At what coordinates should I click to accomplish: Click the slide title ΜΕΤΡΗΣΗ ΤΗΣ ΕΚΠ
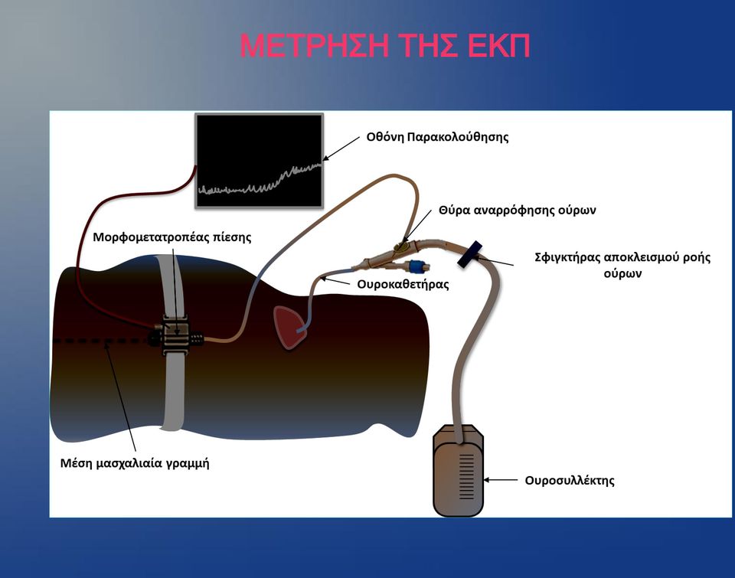[x=384, y=46]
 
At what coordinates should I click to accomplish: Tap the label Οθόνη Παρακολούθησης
[x=437, y=137]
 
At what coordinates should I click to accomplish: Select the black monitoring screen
[x=260, y=160]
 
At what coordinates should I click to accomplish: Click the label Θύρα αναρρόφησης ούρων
[x=517, y=210]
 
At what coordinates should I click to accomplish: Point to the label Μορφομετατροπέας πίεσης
[x=172, y=237]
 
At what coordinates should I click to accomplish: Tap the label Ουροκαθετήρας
[x=403, y=285]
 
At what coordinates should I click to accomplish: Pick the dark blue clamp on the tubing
[x=470, y=254]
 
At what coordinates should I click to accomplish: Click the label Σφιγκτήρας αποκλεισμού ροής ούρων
[x=622, y=265]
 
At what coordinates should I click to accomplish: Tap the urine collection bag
[x=458, y=470]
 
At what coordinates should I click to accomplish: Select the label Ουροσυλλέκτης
[x=570, y=481]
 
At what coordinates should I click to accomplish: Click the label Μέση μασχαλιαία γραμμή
[x=135, y=463]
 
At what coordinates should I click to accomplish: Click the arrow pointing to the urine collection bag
[x=500, y=480]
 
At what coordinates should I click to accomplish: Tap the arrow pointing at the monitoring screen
[x=341, y=149]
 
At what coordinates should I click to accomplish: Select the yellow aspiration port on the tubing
[x=401, y=246]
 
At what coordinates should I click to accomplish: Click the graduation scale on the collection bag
[x=466, y=476]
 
